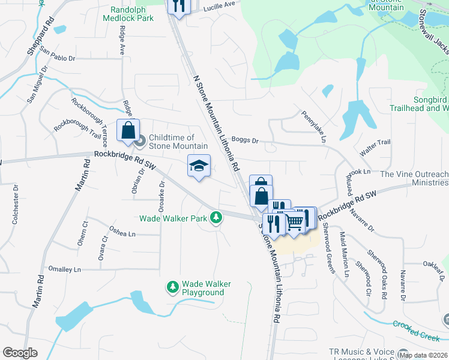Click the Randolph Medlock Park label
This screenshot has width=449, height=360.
132,14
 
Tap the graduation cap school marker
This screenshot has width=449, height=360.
199,165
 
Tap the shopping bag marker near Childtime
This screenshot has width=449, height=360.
128,130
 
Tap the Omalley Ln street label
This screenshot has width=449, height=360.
64,269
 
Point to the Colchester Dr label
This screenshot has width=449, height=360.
15,208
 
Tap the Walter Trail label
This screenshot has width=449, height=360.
375,146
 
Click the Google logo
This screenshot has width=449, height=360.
20,353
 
